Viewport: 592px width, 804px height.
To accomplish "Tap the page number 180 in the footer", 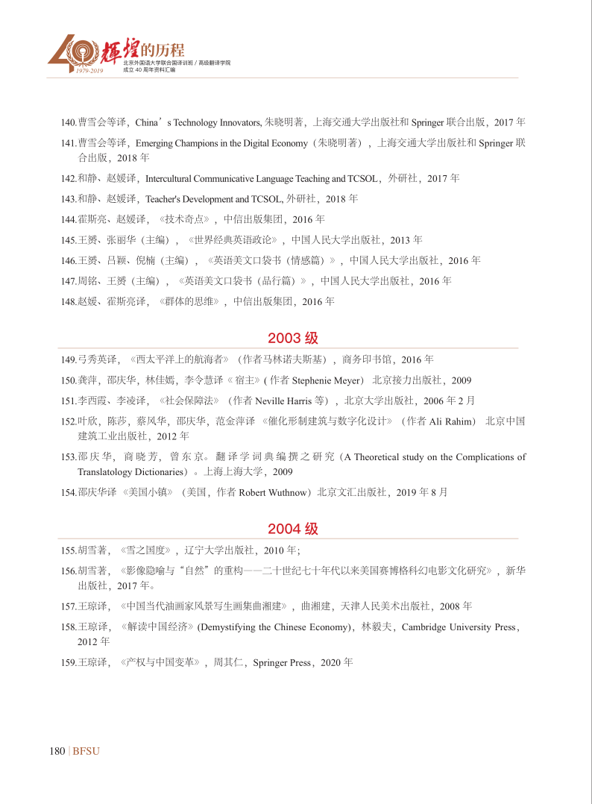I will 57,751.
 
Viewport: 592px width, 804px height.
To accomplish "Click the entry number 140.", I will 69,122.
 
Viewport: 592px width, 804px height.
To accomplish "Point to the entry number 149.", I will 69,359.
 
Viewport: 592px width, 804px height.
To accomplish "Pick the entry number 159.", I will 69,662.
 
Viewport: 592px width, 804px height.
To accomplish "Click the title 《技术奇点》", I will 186,219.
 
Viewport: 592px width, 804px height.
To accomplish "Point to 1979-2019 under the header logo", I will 89,70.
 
